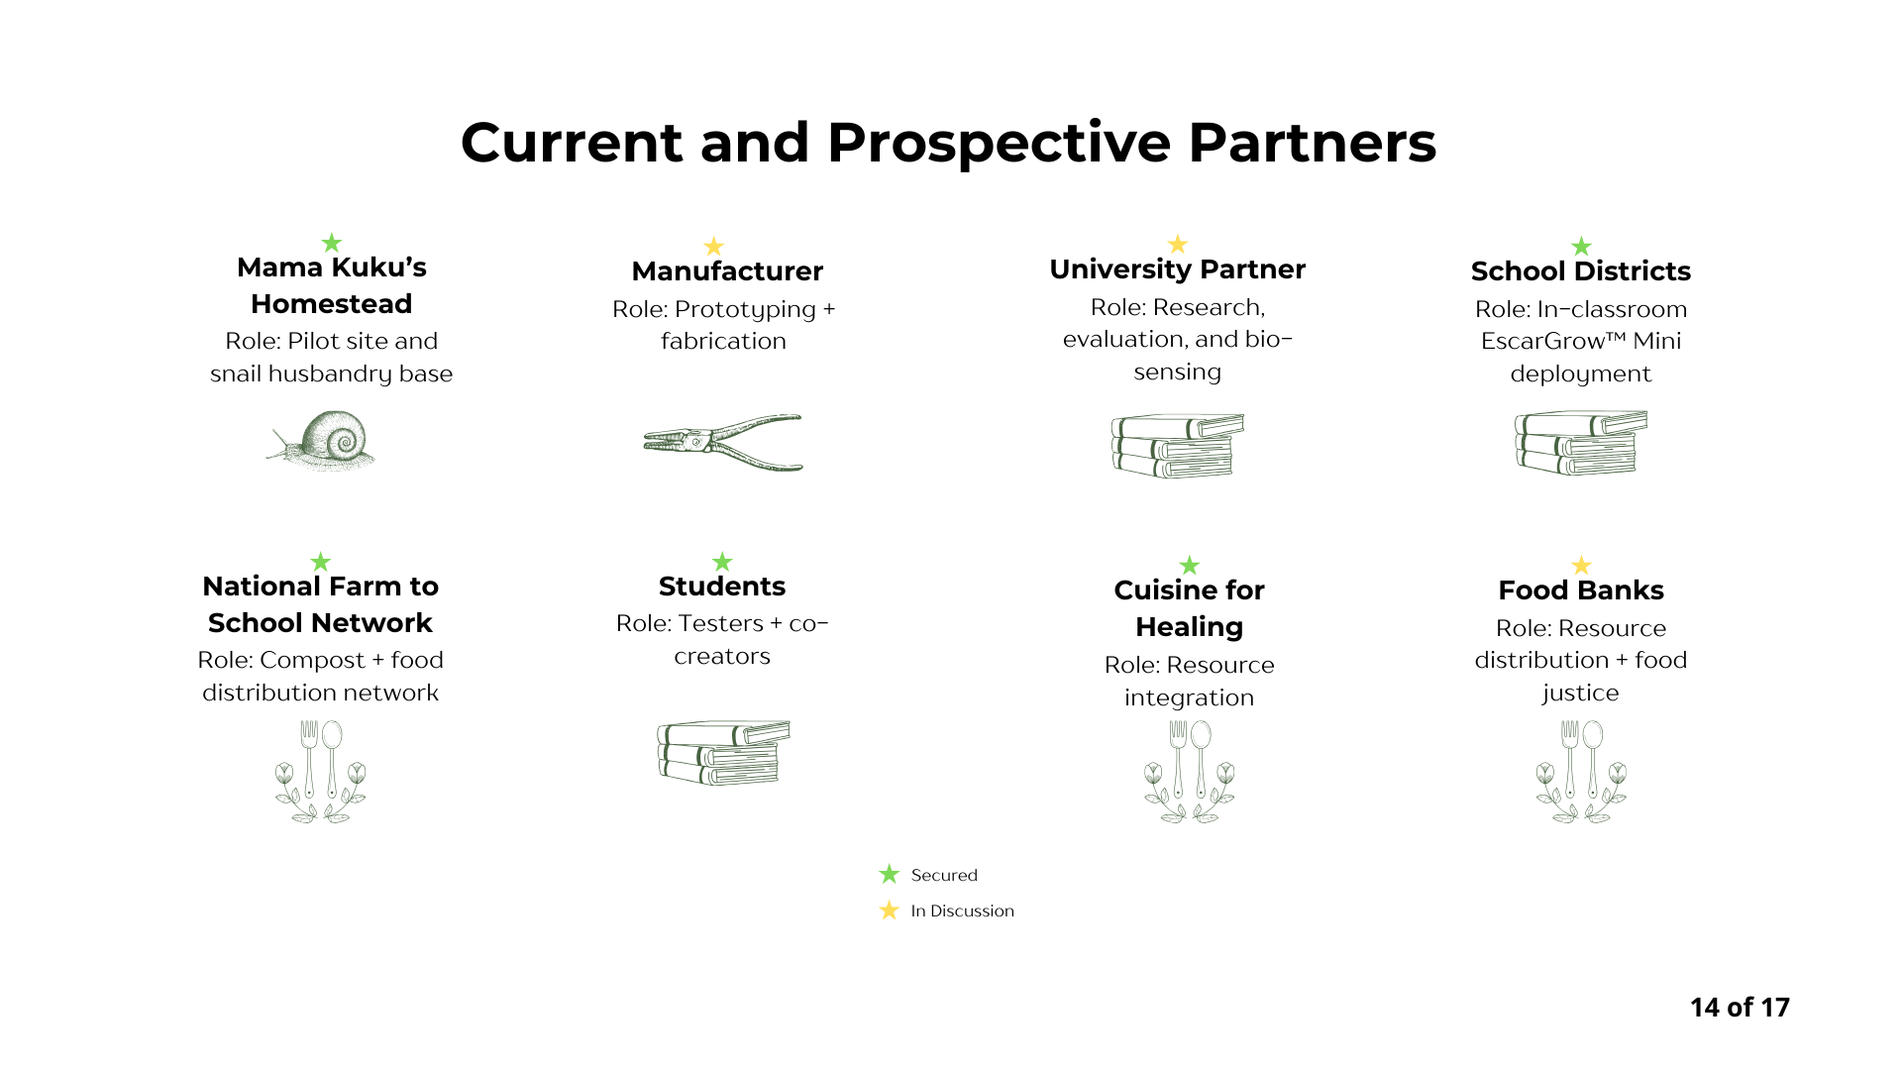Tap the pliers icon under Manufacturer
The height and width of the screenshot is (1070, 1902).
coord(722,442)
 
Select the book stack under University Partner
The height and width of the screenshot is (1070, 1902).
coord(1177,446)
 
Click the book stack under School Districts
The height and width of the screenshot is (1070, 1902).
coord(1580,443)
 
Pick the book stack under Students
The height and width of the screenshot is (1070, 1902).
coord(723,753)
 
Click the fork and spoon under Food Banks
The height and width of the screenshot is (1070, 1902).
coord(1581,771)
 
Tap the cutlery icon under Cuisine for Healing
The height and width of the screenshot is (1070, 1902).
coord(1189,771)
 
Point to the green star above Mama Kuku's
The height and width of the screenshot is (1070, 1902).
coord(332,243)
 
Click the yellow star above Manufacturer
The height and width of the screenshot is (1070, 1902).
coord(713,246)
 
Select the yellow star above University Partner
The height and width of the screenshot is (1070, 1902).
coord(1177,244)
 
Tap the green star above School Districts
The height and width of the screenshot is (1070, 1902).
coord(1581,246)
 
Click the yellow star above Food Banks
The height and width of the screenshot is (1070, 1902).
coord(1581,565)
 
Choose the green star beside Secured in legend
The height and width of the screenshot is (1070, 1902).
coord(889,874)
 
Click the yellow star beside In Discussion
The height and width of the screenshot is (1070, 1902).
coord(889,909)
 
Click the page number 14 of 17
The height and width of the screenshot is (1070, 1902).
coord(1740,1008)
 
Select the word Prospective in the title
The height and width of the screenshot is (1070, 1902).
coord(999,143)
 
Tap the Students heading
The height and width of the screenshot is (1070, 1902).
coord(722,587)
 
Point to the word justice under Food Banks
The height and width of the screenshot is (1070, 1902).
coord(1580,693)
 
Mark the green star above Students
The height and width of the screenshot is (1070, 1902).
coord(722,562)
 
